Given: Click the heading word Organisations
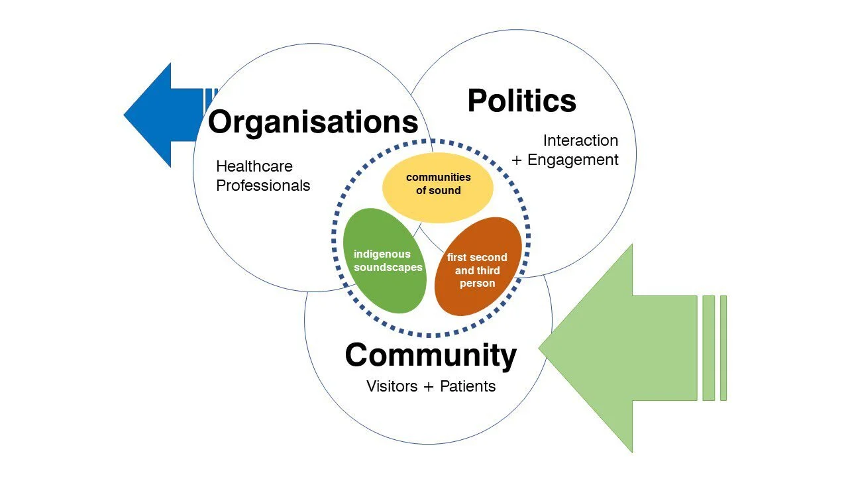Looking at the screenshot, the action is click(x=313, y=123).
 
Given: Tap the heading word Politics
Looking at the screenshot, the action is click(x=521, y=101).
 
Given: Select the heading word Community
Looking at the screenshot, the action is click(x=431, y=355).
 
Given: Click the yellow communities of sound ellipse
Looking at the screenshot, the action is click(x=438, y=184).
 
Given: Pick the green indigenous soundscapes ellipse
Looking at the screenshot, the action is click(x=384, y=260).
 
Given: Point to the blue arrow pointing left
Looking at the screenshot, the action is click(x=159, y=115).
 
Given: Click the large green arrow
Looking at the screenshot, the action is click(x=616, y=348).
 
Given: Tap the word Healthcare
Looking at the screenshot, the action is click(x=254, y=166).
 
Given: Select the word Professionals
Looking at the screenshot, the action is click(x=263, y=185).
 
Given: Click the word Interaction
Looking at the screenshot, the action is click(x=580, y=140).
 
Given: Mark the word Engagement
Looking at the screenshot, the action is click(x=573, y=160).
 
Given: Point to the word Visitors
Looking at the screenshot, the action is click(x=392, y=386).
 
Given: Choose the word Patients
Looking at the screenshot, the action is click(x=468, y=386).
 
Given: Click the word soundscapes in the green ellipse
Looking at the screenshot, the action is click(x=388, y=268).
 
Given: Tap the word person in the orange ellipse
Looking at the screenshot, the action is click(x=477, y=284).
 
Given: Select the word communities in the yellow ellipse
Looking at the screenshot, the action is click(x=438, y=177).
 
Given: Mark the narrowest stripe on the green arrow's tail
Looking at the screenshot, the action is click(x=723, y=348).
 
